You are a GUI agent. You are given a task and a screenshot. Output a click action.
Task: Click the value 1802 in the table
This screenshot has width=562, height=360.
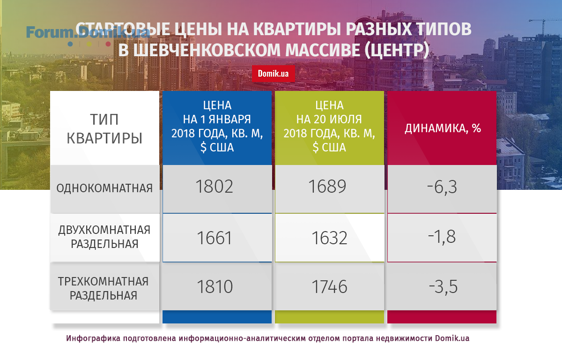pos(214,187)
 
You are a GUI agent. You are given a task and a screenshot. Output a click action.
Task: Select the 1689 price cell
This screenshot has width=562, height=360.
pos(327,187)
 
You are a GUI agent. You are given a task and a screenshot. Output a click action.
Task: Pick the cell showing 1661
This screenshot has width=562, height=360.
pos(214,238)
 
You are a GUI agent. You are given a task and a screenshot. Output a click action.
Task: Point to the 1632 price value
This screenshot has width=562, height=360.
pos(329,238)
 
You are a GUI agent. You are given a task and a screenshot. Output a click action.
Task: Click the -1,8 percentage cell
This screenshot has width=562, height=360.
pos(442,237)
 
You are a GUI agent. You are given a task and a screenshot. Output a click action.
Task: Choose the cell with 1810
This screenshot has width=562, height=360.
pos(215,287)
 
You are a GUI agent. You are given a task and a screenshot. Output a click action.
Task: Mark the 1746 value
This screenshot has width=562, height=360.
pos(329,287)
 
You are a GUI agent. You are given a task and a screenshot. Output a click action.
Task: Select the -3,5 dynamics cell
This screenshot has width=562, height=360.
pos(444,287)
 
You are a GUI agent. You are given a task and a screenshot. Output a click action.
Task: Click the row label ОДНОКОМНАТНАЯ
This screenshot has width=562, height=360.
pos(104,188)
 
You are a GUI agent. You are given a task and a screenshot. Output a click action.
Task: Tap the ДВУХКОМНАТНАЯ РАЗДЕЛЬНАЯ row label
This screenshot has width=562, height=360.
pos(104,237)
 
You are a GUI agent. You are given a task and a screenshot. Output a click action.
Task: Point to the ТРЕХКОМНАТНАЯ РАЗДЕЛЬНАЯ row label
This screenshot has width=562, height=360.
pos(104,288)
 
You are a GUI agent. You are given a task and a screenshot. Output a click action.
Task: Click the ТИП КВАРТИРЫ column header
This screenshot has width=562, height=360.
pos(104,129)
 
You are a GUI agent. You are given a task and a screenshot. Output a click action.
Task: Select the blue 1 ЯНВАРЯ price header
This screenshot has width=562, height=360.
pos(217,127)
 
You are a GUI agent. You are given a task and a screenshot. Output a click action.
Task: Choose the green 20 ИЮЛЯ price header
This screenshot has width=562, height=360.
pos(329,127)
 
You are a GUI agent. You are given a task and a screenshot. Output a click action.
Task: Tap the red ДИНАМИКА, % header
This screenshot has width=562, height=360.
pos(443,128)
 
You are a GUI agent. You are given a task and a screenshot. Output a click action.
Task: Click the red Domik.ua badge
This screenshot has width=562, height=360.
pos(273,74)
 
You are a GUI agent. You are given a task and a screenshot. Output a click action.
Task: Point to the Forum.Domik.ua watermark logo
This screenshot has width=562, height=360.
pos(88,36)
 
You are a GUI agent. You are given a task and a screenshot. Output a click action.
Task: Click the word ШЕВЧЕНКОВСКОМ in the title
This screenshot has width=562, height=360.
pos(207,50)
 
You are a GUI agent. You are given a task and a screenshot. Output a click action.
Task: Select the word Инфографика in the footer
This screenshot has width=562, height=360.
pos(92,338)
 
